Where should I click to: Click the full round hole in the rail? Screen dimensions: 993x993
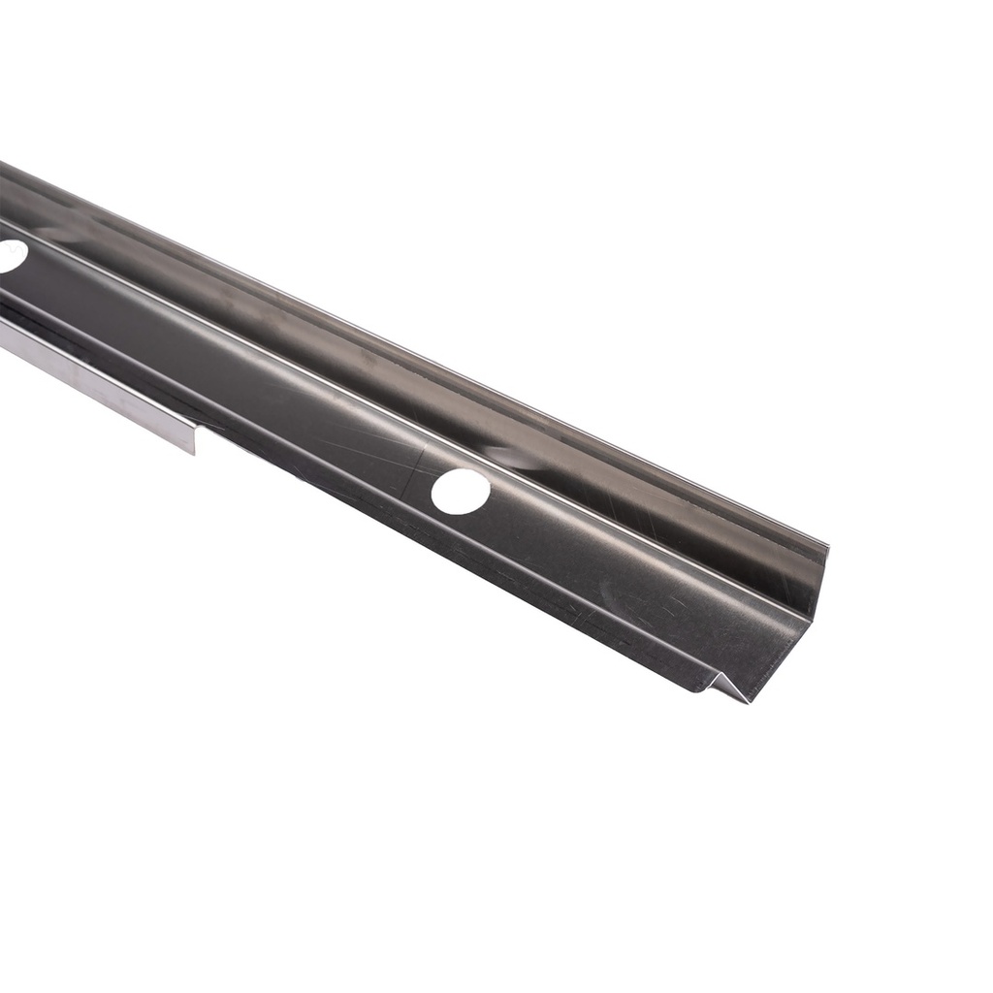coord(461,492)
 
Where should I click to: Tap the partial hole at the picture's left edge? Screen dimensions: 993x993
coord(10,256)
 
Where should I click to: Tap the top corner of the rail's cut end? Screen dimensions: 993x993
coord(827,547)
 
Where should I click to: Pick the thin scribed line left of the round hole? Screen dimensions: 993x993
coord(423,461)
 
